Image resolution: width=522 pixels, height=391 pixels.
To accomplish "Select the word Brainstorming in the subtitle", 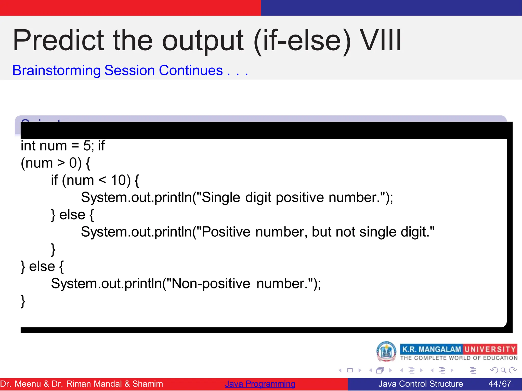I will tap(57, 70).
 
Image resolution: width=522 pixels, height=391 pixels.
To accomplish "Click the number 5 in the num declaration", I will tap(86, 146).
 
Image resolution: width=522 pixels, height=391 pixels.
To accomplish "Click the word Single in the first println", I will tap(221, 197).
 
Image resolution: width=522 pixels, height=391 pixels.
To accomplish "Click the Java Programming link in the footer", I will tap(260, 384).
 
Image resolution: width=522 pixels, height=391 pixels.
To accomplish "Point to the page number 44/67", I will tap(500, 384).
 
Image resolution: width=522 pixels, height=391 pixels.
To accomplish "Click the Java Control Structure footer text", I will tap(421, 384).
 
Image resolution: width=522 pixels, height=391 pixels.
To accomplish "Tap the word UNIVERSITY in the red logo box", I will tap(490, 349).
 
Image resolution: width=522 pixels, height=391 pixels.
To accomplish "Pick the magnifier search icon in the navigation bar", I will tap(503, 370).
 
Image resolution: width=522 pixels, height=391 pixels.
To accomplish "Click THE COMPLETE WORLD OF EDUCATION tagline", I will tap(459, 358).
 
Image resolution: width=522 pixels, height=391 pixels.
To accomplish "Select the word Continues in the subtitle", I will tap(191, 70).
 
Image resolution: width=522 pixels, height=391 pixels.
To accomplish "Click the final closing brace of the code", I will tap(23, 301).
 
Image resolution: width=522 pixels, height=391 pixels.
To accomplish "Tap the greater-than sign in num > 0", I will tap(61, 163).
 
